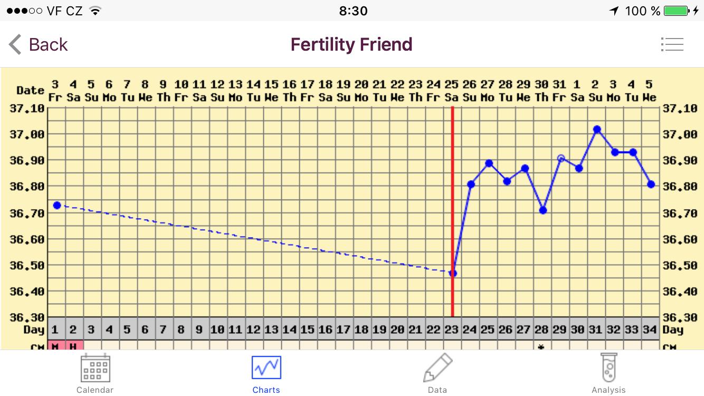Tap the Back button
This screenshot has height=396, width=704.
[38, 44]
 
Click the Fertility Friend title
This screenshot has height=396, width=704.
[351, 44]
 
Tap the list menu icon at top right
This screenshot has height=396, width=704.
[672, 44]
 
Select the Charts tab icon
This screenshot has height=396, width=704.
[266, 368]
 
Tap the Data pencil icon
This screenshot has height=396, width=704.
[437, 368]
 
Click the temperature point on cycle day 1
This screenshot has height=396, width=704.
[57, 205]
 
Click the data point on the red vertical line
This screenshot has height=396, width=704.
[453, 273]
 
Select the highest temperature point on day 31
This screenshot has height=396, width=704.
[597, 129]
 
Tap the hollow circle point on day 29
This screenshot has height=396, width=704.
[561, 158]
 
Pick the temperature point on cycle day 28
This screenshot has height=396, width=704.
[543, 211]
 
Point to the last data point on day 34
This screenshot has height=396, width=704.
[651, 184]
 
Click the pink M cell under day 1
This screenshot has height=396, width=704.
[55, 346]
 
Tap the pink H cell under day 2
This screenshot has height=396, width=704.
[73, 346]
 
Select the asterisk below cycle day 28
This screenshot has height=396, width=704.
[542, 347]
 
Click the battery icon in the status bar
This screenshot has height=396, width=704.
[676, 11]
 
